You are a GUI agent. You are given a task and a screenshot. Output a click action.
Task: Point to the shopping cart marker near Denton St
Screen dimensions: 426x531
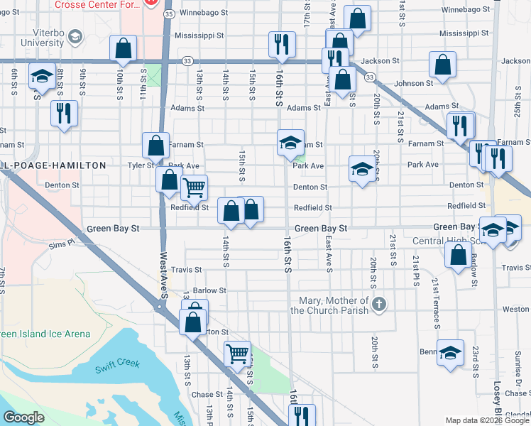193,188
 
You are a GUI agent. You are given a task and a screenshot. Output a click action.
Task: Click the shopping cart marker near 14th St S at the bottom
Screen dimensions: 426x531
237,353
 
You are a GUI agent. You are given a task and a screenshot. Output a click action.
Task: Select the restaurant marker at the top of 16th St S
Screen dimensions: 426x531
282,44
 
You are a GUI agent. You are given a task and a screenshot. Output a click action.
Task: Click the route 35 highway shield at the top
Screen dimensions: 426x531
168,13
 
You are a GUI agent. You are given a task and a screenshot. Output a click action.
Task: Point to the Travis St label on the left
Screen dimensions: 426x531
187,270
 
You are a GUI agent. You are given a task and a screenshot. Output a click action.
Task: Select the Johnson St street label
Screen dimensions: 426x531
414,84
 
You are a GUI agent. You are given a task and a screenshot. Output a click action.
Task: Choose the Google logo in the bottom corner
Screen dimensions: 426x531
24,417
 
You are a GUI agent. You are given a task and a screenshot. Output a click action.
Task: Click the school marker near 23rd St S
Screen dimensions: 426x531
450,353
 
